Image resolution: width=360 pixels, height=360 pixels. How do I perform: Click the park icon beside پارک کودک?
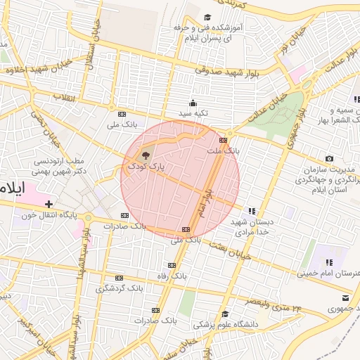pyautogui.click(x=145, y=155)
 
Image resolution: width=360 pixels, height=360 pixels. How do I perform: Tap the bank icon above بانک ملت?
pyautogui.click(x=223, y=139)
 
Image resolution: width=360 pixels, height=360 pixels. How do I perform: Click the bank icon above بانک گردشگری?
pyautogui.click(x=119, y=278)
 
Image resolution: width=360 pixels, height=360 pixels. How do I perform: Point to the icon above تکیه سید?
pyautogui.click(x=193, y=103)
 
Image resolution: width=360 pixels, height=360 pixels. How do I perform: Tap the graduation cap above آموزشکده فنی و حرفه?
pyautogui.click(x=207, y=18)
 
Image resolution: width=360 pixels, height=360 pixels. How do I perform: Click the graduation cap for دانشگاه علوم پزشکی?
pyautogui.click(x=225, y=314)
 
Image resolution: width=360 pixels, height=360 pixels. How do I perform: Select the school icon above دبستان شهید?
pyautogui.click(x=252, y=210)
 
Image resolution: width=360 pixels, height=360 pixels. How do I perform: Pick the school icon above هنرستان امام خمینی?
pyautogui.click(x=328, y=262)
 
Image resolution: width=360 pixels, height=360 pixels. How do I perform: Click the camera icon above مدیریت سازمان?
pyautogui.click(x=329, y=159)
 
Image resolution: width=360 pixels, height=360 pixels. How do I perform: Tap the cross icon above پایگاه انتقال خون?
pyautogui.click(x=48, y=204)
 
